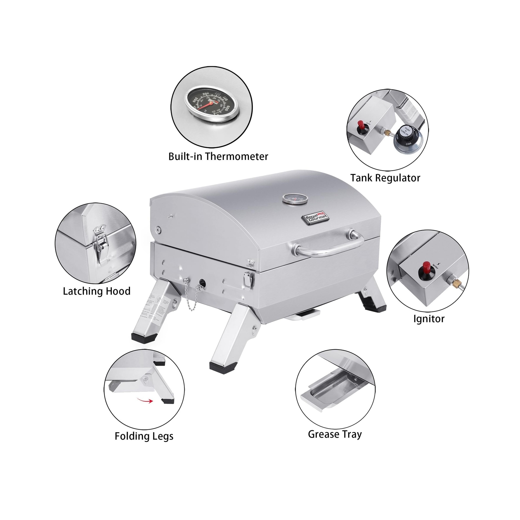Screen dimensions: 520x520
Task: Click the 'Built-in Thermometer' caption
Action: [x=218, y=157]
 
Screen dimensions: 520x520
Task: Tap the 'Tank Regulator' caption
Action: [x=385, y=178]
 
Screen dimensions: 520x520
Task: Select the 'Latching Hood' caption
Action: [x=97, y=291]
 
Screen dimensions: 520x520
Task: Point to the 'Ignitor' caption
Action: [x=429, y=319]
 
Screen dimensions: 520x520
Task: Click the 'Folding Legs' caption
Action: [x=144, y=436]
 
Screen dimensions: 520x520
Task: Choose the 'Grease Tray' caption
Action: [x=335, y=435]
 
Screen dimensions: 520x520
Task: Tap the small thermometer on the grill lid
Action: [x=295, y=199]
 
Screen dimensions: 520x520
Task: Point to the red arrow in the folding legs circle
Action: [x=145, y=401]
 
